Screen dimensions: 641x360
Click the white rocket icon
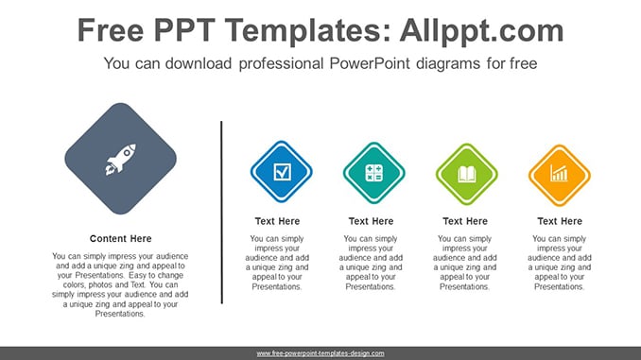121,160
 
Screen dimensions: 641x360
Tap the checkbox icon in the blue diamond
282,172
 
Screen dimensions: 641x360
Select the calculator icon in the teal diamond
374,173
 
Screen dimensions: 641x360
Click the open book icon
467,175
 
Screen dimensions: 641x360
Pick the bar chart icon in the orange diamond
559,173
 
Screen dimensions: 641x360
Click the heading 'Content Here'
121,239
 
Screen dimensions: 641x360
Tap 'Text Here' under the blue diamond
278,221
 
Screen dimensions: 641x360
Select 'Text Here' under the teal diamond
371,221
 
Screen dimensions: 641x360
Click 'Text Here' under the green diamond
465,221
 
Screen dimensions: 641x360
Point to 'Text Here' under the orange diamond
560,221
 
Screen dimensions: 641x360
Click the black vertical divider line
221,212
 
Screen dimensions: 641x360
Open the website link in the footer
320,353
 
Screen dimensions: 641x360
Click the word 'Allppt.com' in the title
481,30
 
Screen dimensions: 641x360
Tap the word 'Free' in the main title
111,30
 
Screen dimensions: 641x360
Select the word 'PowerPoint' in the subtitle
370,63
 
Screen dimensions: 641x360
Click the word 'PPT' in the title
184,30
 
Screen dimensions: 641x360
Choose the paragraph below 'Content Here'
120,284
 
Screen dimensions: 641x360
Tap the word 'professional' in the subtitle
281,63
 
